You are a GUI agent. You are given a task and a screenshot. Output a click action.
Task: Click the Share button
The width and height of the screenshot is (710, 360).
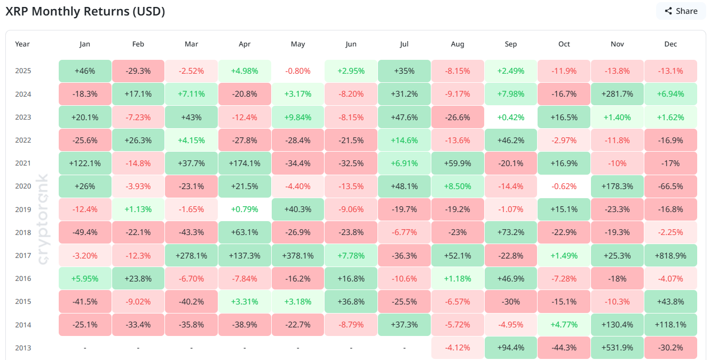681,11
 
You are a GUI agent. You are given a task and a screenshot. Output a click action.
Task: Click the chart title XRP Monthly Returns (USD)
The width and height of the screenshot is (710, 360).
85,12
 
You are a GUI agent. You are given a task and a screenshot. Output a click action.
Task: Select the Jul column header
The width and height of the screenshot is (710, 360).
404,44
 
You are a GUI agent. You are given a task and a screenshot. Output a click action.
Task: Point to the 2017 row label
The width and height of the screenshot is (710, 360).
23,255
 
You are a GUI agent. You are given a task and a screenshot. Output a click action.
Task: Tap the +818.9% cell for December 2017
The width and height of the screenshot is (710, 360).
670,255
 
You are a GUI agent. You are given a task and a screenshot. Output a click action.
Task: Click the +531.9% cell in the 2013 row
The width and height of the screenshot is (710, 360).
617,348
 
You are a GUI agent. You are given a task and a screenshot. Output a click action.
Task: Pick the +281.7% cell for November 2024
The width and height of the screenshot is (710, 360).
617,94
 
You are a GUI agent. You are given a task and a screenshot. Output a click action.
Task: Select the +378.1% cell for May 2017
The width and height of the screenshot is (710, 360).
298,255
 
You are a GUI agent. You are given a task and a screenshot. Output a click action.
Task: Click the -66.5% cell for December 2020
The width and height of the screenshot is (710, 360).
670,186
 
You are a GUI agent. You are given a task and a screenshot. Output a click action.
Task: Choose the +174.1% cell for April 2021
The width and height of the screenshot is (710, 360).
244,163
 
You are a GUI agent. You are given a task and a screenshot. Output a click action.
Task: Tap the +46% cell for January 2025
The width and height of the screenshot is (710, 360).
85,71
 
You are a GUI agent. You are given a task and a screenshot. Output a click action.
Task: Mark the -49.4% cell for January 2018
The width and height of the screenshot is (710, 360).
85,232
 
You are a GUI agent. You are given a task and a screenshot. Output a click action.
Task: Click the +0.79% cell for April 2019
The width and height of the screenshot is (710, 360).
244,209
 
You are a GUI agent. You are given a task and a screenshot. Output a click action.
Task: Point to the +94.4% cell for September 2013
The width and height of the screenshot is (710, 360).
511,348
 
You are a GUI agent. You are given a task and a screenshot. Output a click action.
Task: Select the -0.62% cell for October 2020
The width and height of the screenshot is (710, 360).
564,186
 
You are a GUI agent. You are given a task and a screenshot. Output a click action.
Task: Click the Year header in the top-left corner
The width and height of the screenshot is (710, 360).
22,44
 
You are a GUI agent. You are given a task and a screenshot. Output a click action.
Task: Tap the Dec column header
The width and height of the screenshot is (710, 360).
670,44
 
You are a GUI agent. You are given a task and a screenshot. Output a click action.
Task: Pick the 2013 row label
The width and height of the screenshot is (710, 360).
23,348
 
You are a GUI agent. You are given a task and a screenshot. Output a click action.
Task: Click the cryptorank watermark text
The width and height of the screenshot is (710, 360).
44,219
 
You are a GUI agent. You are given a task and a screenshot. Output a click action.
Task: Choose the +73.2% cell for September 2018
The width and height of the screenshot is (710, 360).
511,232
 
